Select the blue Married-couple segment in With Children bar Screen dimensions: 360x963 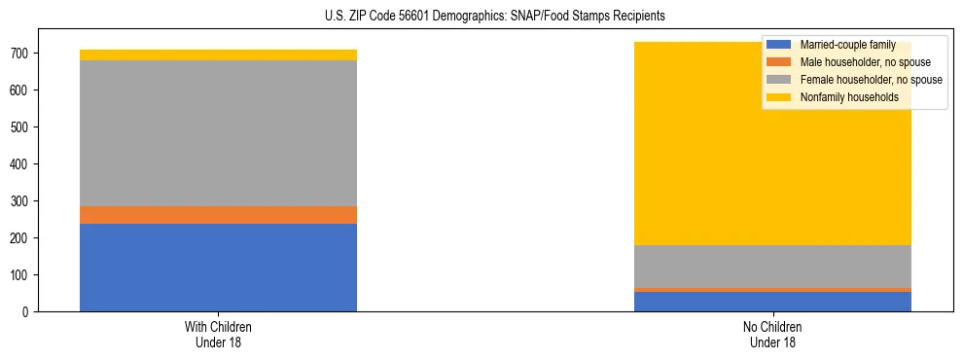(218, 268)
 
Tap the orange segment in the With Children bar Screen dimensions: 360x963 (218, 215)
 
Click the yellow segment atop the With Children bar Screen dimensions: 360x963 (218, 54)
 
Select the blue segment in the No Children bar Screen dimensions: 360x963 (772, 302)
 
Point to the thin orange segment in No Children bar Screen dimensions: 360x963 (772, 290)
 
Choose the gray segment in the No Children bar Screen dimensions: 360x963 (772, 267)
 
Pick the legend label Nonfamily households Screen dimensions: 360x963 (842, 97)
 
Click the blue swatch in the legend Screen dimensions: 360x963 (779, 46)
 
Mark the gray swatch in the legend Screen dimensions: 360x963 (779, 80)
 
